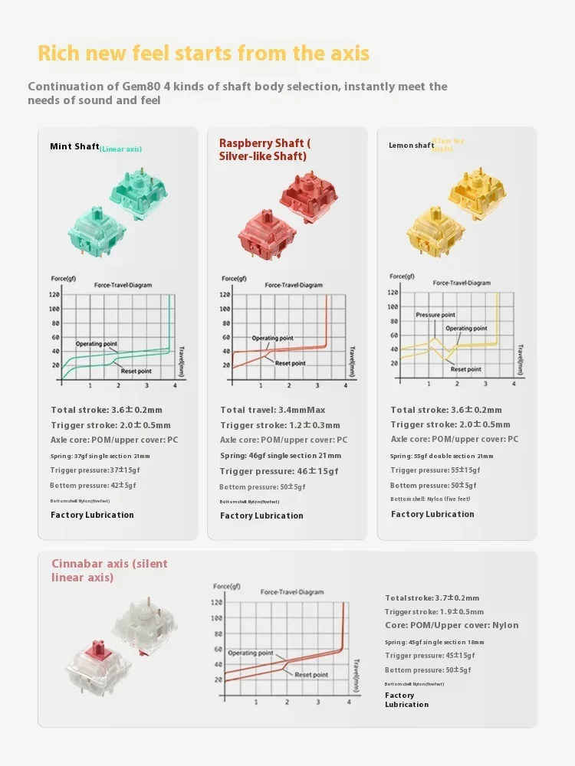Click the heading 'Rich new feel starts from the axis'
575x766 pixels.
pos(203,54)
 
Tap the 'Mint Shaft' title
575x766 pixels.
pos(74,146)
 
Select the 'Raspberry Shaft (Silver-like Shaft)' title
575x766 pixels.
pos(264,149)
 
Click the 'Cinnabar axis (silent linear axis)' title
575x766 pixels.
pos(109,570)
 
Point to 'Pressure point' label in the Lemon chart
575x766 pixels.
pos(435,315)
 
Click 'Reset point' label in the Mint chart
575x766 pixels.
pos(133,371)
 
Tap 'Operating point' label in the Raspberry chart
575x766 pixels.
pos(272,338)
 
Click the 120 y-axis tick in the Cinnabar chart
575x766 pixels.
pos(218,603)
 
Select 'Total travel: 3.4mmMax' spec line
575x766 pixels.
pos(273,410)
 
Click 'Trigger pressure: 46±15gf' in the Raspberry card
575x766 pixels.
pos(279,471)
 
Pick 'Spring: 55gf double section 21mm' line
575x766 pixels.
pos(442,456)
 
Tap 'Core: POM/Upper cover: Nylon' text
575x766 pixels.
pos(452,625)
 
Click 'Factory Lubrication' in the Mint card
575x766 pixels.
pos(92,515)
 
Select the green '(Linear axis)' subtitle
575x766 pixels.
pos(121,149)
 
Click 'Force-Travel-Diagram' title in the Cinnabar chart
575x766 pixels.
pos(291,592)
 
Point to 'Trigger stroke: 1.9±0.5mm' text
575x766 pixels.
pos(434,611)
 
